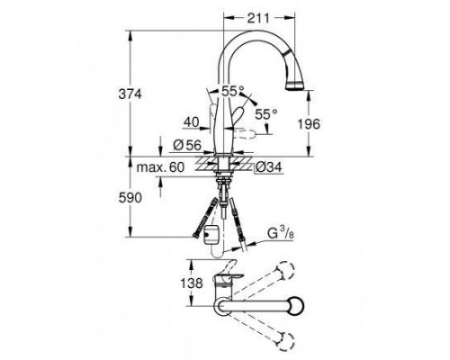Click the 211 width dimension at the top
pos(258,18)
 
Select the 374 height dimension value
pos(130,94)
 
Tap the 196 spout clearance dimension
pos(309,123)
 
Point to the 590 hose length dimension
pos(130,198)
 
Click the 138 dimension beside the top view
pos(192,283)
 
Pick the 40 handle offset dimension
pos(192,122)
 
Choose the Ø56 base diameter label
pos(187,146)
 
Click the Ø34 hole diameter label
pos(269,167)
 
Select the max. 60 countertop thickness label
pos(160,167)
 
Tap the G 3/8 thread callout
pos(281,233)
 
